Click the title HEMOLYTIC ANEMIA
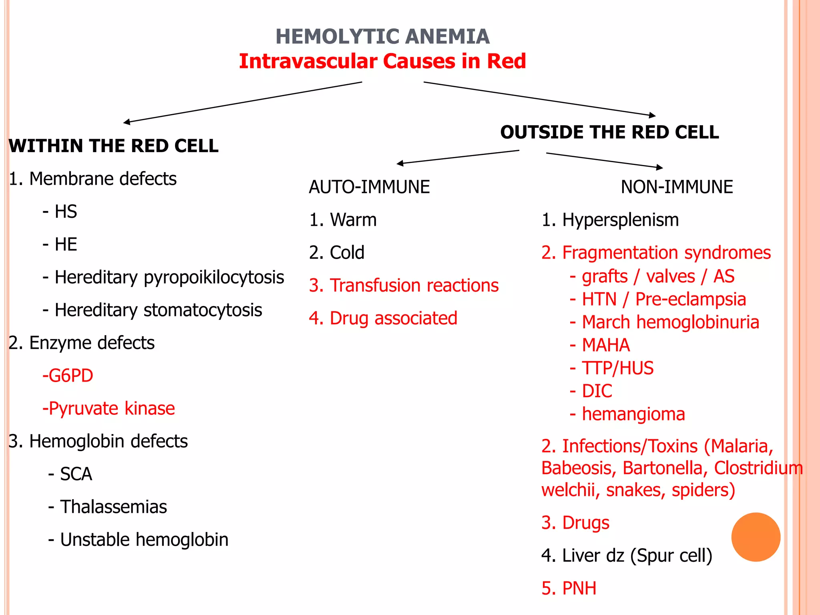coord(382,37)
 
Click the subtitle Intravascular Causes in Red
coord(382,62)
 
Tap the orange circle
coord(756,537)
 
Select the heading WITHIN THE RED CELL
coord(113,146)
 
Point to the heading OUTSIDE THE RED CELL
coord(609,132)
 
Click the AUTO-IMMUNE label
coord(369,187)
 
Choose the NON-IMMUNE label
coord(677,187)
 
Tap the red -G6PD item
coord(68,376)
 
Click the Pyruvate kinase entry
coord(109,408)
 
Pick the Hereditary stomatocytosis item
coord(153,310)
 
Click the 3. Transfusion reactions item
coord(404,285)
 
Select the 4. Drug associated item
coord(383,318)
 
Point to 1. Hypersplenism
coord(610,220)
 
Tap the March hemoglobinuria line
coord(665,322)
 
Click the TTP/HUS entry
coord(612,368)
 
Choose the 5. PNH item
coord(569,588)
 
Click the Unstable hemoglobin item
coord(139,540)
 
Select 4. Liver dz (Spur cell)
coord(627,555)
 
